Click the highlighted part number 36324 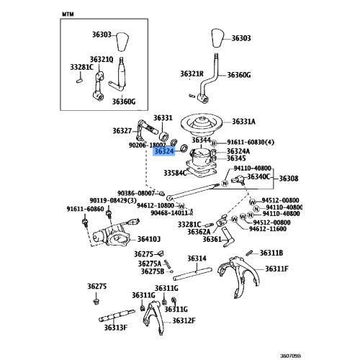click(x=163, y=151)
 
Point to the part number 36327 click(x=122, y=131)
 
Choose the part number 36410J click(x=150, y=239)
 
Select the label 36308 click(x=289, y=178)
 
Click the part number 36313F click(x=114, y=328)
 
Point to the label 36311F click(x=276, y=269)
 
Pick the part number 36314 click(x=197, y=258)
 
